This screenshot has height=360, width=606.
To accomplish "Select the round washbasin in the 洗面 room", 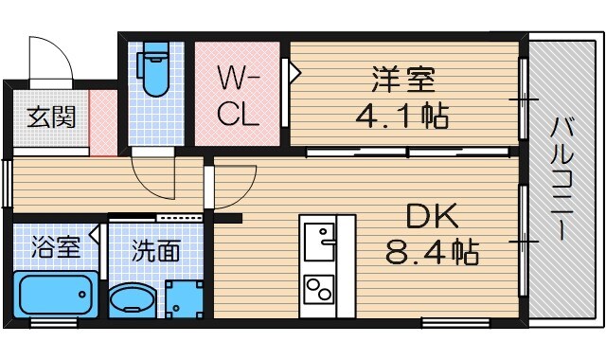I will click(x=131, y=302).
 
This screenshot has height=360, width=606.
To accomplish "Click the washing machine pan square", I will click(x=184, y=298).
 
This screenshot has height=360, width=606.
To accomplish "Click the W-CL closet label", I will click(x=238, y=95).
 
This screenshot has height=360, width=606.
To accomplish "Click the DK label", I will click(x=432, y=218).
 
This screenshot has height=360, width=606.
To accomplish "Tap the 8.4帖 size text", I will click(x=432, y=253).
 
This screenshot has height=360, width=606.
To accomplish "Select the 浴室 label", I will click(x=54, y=249).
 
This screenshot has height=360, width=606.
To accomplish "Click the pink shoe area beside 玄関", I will click(x=103, y=123).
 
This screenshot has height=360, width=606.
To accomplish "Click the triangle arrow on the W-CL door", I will click(x=294, y=70).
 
